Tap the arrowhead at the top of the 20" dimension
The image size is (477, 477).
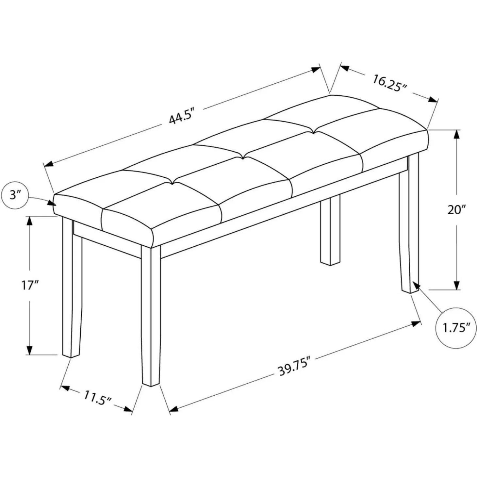pyautogui.click(x=457, y=135)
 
